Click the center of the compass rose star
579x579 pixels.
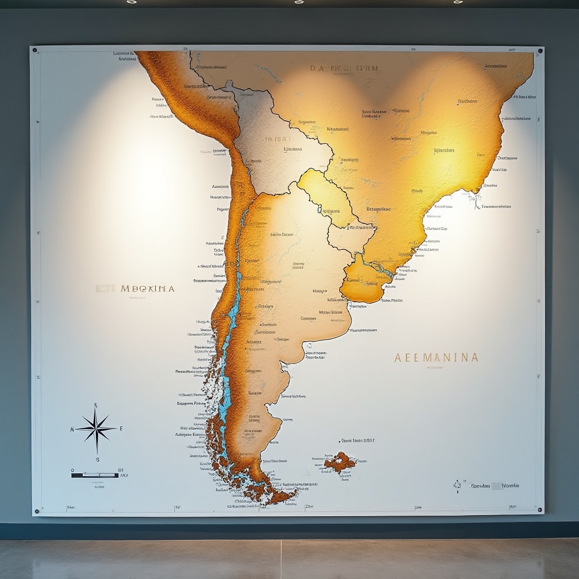pyautogui.click(x=96, y=429)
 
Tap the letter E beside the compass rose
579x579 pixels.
pyautogui.click(x=120, y=429)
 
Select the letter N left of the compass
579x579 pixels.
pyautogui.click(x=72, y=429)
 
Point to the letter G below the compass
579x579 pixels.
pyautogui.click(x=97, y=459)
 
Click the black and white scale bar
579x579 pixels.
pyautogui.click(x=95, y=475)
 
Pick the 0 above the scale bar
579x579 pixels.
pyautogui.click(x=72, y=469)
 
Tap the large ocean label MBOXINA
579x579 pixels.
pyautogui.click(x=148, y=288)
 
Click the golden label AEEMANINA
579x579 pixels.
pyautogui.click(x=436, y=357)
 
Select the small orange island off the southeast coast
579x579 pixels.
pyautogui.click(x=339, y=462)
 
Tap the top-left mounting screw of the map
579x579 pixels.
pyautogui.click(x=35, y=50)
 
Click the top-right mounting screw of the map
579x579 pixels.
pyautogui.click(x=539, y=51)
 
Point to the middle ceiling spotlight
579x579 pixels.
pyautogui.click(x=299, y=2)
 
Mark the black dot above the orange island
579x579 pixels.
pyautogui.click(x=340, y=440)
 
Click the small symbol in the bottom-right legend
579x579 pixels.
pyautogui.click(x=458, y=485)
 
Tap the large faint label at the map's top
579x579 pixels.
pyautogui.click(x=344, y=69)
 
